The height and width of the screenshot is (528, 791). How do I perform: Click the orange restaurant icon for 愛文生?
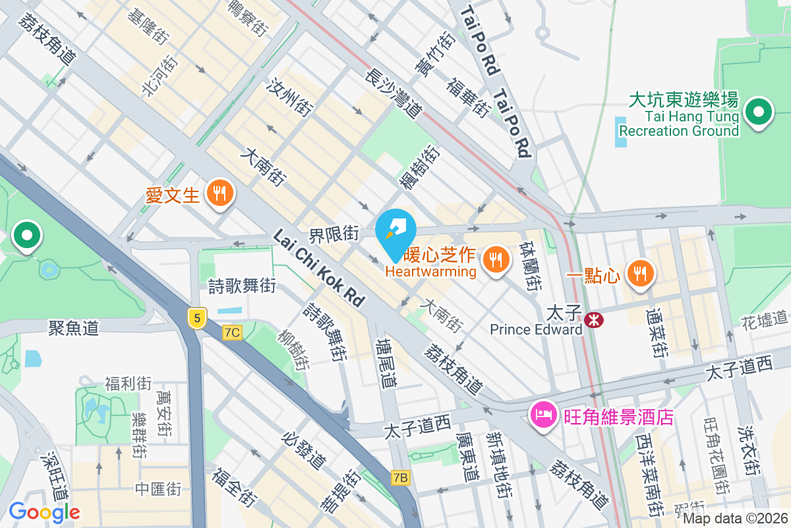pos(218,193)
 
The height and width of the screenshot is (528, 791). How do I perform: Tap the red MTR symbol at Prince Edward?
pos(594,320)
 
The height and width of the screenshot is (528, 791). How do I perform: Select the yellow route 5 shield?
pos(196,319)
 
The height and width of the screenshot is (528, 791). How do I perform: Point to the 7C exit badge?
pos(231,333)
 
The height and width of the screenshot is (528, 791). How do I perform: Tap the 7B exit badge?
pos(400,477)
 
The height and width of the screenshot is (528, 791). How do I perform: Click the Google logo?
pos(44,511)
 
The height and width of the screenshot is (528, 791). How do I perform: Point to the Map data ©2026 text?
pos(734,518)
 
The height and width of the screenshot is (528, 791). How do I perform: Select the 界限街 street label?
pos(334,234)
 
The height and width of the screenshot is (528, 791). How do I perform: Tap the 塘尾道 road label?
pos(386,364)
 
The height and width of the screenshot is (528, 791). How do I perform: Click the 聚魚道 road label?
pos(73,327)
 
